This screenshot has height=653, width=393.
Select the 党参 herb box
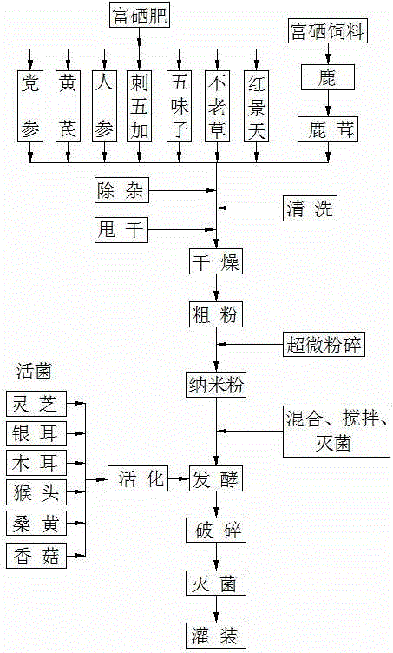point(30,106)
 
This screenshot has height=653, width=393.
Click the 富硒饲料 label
point(327,33)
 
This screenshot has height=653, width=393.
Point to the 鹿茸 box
point(327,130)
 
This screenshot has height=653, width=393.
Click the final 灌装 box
point(215,633)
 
